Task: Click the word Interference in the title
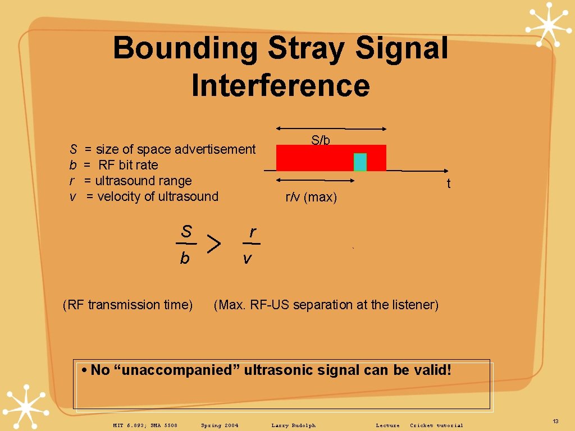(x=280, y=86)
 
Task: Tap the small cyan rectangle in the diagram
(x=360, y=162)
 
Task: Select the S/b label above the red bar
(x=321, y=140)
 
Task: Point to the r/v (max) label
(x=311, y=198)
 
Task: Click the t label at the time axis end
(x=448, y=184)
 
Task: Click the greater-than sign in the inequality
(x=213, y=244)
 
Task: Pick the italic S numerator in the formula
(x=186, y=231)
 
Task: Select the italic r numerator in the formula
(x=253, y=232)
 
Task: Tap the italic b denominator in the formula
(x=185, y=259)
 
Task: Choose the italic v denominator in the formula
(x=247, y=259)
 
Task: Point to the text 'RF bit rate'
(x=128, y=165)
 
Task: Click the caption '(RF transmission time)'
(x=128, y=305)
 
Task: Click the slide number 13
(x=555, y=421)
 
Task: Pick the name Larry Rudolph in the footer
(x=293, y=425)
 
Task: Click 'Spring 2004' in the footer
(x=220, y=425)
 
